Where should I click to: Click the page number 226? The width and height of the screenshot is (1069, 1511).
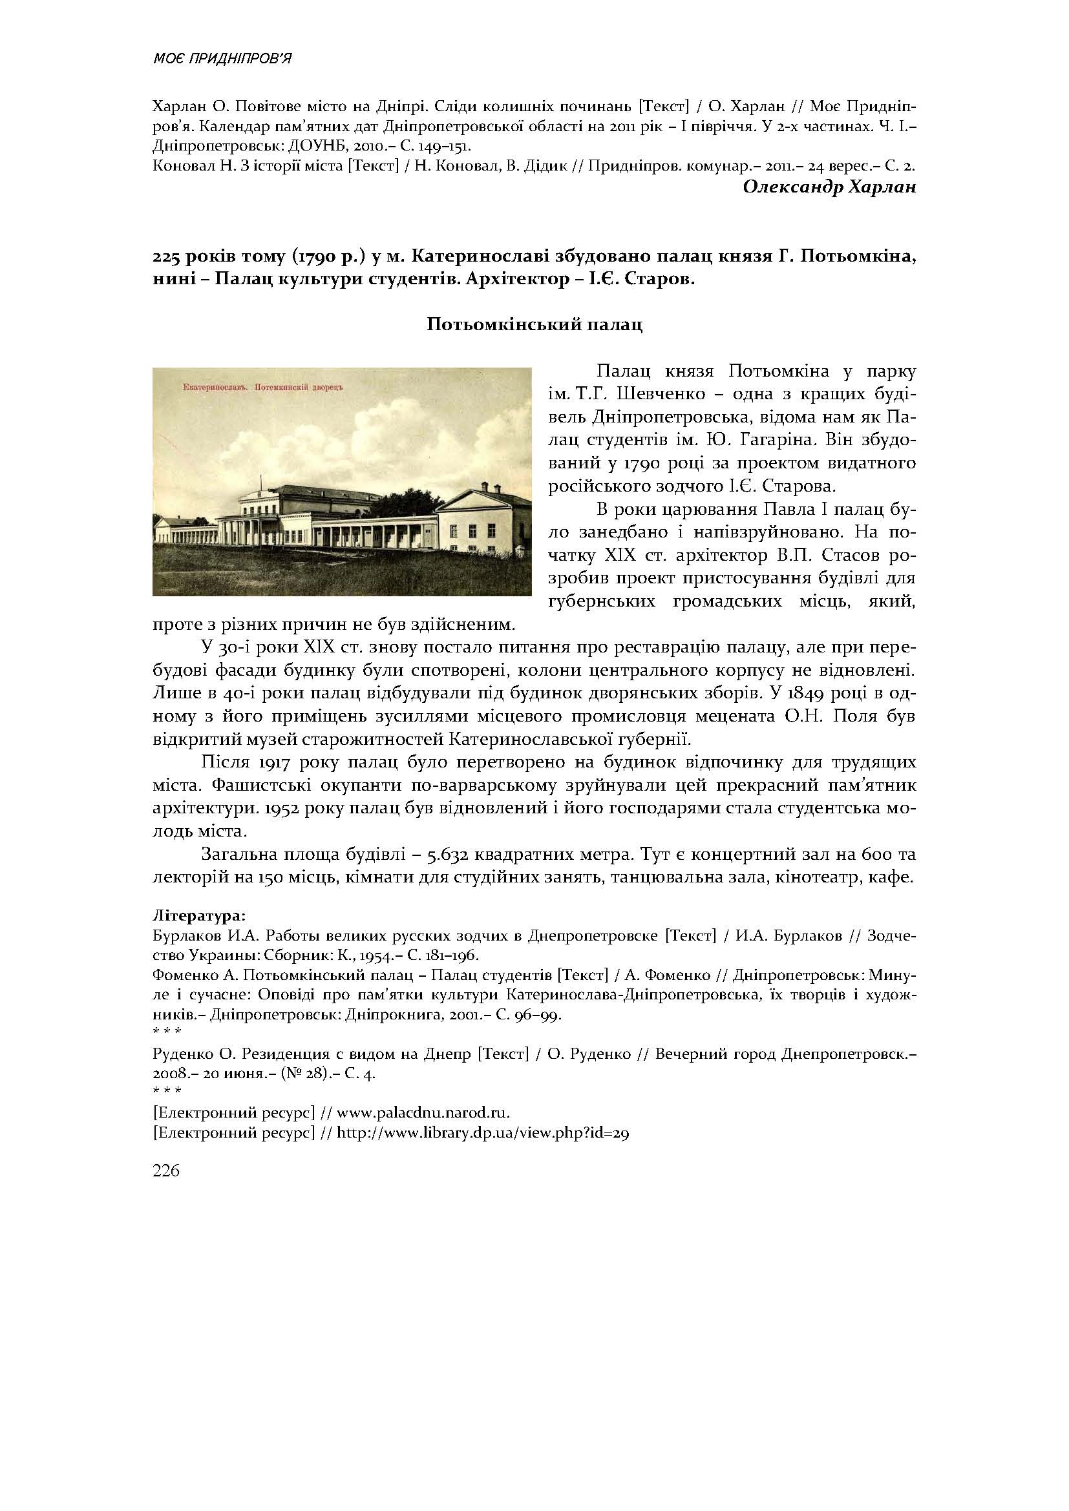point(166,1171)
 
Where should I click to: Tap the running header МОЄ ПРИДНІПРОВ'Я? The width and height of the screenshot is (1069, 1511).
point(222,59)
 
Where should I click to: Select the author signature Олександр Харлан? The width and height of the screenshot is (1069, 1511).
point(829,187)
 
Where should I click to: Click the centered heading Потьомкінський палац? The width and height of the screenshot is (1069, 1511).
point(534,324)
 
